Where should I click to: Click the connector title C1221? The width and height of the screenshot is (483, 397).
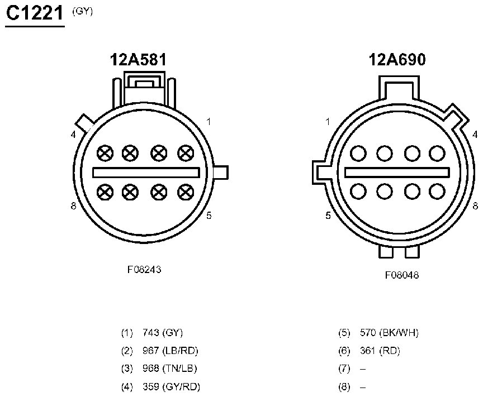[x=35, y=13]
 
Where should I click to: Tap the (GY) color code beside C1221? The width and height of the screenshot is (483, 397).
[x=82, y=11]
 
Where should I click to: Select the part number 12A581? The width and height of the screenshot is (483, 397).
[x=138, y=59]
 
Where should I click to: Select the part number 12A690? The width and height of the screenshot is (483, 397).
[x=397, y=59]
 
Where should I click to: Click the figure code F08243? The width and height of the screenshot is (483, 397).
[x=144, y=270]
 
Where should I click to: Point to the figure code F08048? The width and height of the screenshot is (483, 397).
[x=402, y=275]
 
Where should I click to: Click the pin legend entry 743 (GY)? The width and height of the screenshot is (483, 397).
[x=163, y=333]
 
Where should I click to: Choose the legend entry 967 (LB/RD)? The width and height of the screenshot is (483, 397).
[x=171, y=351]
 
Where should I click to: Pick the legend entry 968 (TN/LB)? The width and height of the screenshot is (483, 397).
[x=170, y=369]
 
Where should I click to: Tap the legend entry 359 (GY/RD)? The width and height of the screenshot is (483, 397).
[x=171, y=386]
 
